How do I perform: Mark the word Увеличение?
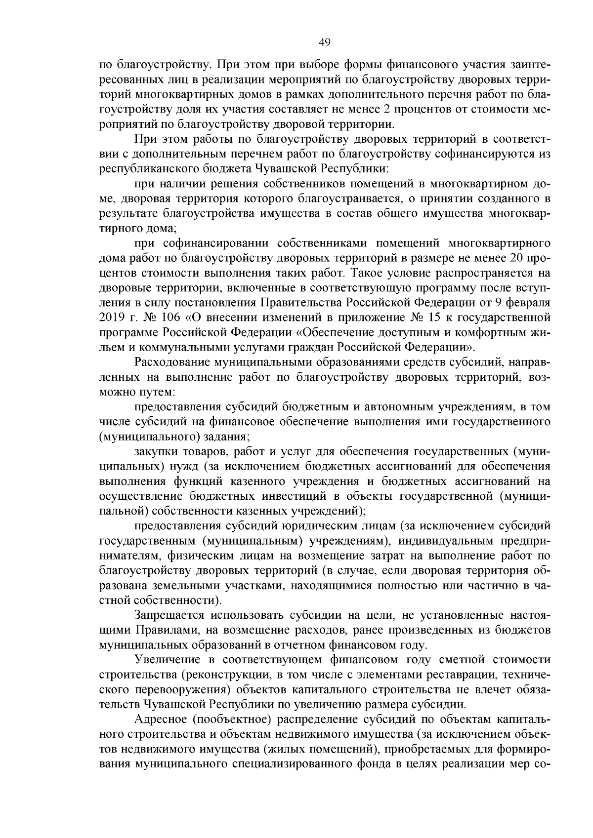(168, 659)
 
